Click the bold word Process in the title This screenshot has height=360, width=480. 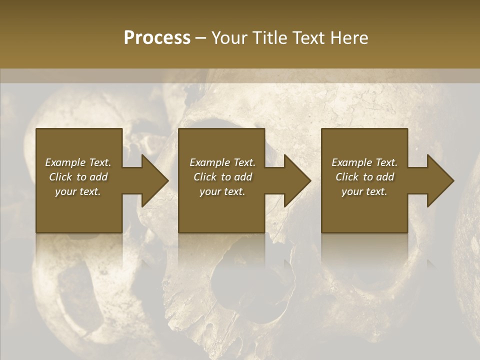(157, 38)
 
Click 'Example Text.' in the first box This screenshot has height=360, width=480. (78, 162)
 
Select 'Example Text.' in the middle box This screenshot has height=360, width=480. (222, 162)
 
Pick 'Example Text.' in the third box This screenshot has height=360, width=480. (364, 162)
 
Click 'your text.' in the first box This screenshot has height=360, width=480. (78, 191)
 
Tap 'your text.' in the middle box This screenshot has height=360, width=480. (222, 191)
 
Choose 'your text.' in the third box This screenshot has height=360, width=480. (364, 191)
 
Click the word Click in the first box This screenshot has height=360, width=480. (61, 177)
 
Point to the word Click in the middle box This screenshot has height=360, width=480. (205, 177)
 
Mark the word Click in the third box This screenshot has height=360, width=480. (347, 177)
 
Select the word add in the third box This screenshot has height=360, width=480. (385, 177)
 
